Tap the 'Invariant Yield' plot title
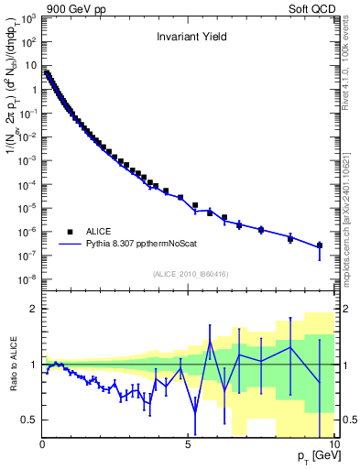pos(189,38)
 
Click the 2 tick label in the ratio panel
pos(34,309)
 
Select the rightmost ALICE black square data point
pos(319,245)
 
